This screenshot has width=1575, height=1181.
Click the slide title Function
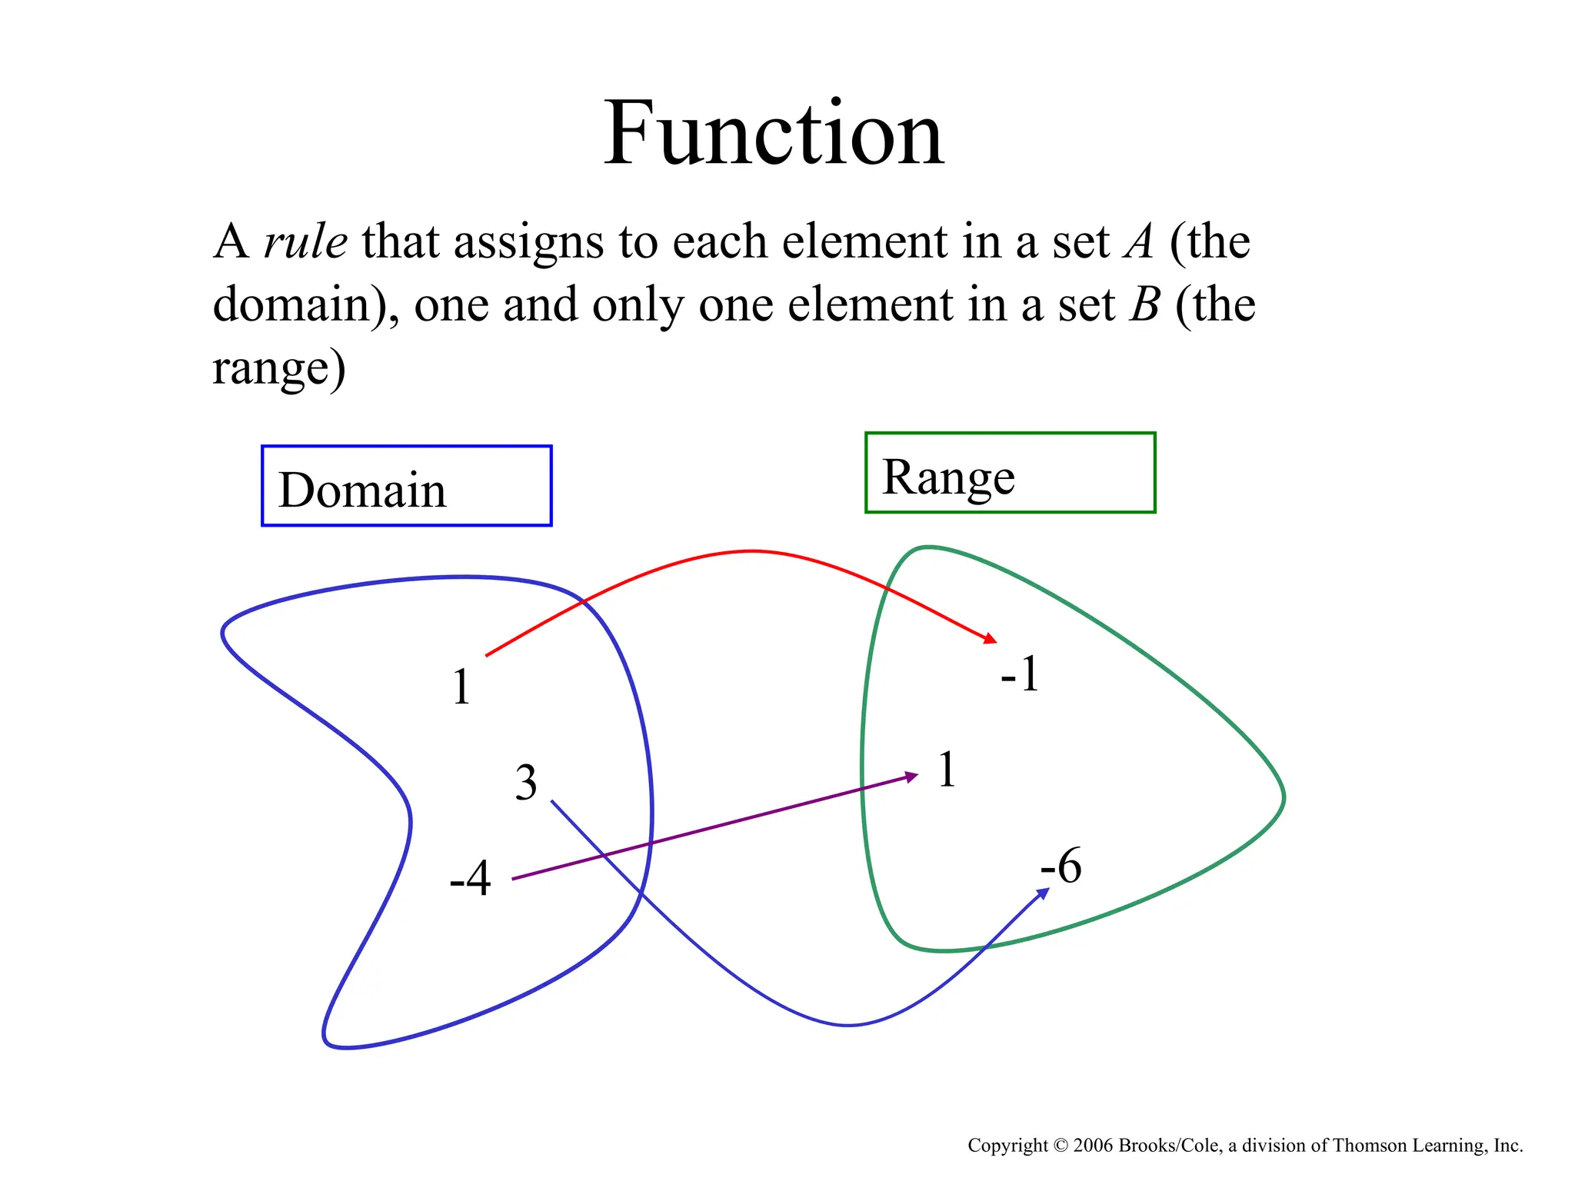coord(774,134)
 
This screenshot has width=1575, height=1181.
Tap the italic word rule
coord(305,242)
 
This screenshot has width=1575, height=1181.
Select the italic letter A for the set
coord(1139,242)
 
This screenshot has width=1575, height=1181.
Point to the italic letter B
coord(1144,305)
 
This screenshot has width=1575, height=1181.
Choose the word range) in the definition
coord(279,368)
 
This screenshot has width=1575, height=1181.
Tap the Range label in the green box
coord(948,477)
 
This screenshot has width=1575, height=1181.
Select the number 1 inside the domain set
coord(461,687)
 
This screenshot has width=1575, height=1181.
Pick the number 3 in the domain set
coord(526,783)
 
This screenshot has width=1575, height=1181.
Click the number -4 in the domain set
coord(470,878)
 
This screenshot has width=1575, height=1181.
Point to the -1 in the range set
coord(1020,674)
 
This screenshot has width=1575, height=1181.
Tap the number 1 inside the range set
coord(947,770)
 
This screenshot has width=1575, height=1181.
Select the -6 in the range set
coord(1061,866)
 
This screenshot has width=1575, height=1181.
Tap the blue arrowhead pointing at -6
coord(1044,893)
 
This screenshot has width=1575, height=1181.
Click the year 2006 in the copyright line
coord(1094,1146)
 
